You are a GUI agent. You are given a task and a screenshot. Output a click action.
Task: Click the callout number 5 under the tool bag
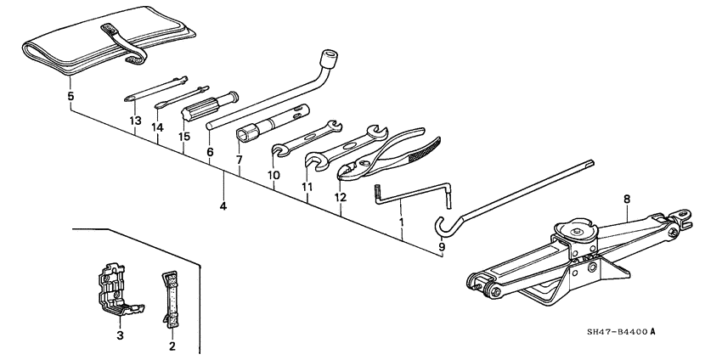point(70,97)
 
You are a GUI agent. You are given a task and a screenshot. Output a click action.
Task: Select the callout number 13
point(134,121)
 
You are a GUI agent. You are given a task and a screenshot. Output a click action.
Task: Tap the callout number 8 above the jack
point(627,200)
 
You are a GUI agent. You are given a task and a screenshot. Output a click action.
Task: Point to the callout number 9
point(442,247)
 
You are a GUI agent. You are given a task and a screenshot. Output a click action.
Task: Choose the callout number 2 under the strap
point(172,346)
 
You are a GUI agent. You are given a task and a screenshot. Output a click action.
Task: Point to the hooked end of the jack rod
point(441,226)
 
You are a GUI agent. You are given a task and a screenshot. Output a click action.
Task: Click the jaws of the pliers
point(352,171)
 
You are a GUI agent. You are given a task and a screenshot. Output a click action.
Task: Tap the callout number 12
point(340,198)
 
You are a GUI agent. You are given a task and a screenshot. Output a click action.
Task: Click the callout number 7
point(240,160)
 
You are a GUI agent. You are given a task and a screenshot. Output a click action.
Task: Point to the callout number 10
point(274,175)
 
